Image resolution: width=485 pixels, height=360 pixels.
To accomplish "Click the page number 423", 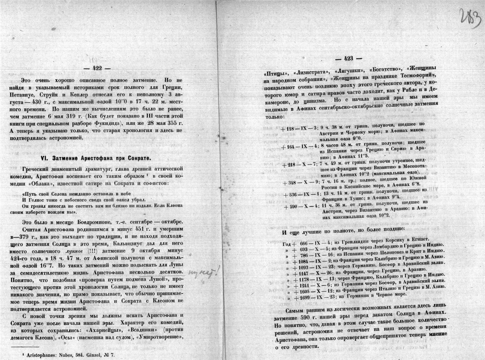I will click(x=349, y=59).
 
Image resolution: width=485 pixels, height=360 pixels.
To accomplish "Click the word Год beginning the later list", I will click(x=287, y=244).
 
